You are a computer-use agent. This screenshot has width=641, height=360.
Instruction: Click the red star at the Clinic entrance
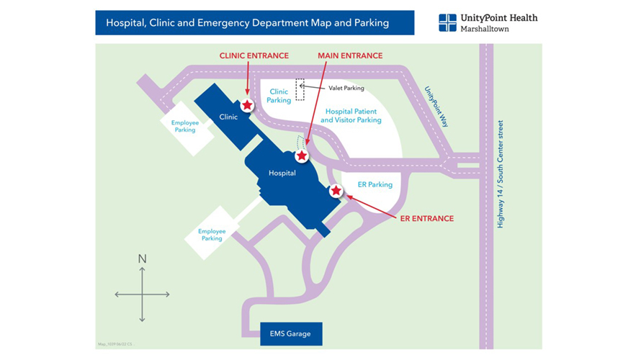point(247,105)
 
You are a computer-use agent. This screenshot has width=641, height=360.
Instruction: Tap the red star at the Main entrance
point(302,155)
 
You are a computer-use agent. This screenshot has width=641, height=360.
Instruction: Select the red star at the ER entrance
point(336,190)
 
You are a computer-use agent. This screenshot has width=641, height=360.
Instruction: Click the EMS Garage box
point(291,334)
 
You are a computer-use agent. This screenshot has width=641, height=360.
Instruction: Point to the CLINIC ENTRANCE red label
point(254,55)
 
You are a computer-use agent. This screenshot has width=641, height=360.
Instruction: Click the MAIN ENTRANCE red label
point(350,55)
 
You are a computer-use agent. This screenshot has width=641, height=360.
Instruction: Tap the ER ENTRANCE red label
point(427,218)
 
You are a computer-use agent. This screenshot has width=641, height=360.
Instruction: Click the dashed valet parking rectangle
point(300,90)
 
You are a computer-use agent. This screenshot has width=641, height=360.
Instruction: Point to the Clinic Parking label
point(279,96)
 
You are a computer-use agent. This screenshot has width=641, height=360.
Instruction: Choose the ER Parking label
point(375,185)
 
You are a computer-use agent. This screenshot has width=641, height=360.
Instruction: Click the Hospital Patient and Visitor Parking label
point(351,116)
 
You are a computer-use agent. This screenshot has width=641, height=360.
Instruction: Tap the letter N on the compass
point(142,258)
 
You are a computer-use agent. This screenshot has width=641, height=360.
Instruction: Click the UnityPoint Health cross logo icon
point(447,22)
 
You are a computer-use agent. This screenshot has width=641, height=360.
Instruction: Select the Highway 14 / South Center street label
point(501,174)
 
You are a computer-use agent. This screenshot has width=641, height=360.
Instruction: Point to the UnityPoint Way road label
point(436,107)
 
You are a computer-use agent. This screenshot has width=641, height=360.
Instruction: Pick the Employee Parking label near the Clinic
point(185,127)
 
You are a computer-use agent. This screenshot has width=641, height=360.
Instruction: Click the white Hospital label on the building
point(282,173)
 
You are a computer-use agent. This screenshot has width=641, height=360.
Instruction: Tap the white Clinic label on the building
point(228,117)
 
